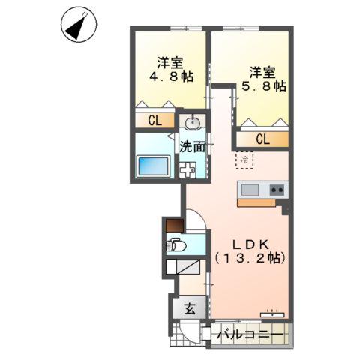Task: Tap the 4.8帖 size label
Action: point(169,76)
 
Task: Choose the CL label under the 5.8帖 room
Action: point(262,139)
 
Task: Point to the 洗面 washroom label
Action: point(193,147)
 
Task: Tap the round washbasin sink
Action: point(192,122)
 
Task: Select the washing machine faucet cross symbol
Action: point(189,169)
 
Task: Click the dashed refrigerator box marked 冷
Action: point(244,159)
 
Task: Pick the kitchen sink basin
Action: point(249,189)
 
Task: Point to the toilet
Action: point(178,244)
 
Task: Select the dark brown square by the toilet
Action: point(174,224)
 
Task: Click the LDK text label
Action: point(249,244)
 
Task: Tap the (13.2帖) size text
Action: point(249,258)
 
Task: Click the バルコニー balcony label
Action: point(249,334)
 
